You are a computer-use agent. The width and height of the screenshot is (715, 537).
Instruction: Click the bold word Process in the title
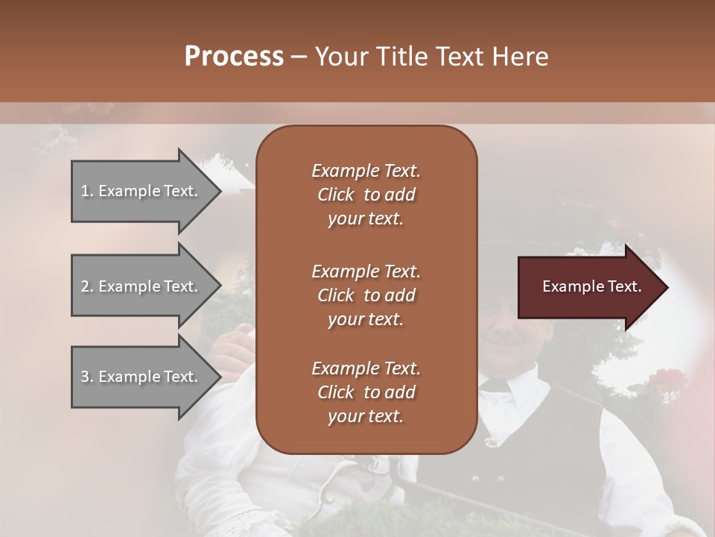point(234,57)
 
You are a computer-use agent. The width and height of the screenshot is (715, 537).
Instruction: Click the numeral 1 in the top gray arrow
point(85,191)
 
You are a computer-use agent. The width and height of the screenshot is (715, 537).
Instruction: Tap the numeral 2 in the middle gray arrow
point(85,286)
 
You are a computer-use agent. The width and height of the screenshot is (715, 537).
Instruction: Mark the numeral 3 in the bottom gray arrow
point(85,377)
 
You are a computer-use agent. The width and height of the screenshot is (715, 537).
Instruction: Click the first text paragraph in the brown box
point(366,195)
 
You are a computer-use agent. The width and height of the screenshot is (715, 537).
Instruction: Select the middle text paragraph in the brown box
point(366,295)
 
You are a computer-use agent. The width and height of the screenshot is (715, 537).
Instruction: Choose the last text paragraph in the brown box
point(366,392)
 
